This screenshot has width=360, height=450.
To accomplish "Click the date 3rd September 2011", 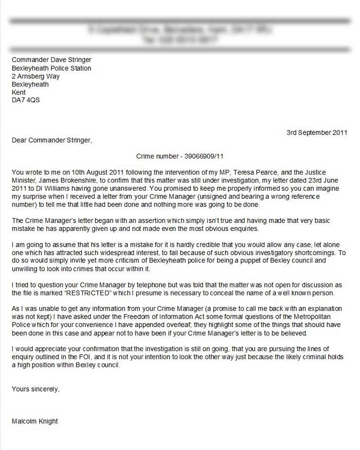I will (x=317, y=132).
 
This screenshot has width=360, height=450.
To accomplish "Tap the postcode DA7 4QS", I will (x=26, y=100).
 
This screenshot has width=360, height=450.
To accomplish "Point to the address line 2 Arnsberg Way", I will (x=36, y=76).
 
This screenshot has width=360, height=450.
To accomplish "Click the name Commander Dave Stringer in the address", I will (x=51, y=60).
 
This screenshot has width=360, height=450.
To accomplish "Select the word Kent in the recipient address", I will (x=18, y=92).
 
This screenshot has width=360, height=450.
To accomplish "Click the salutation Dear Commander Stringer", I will (x=52, y=140).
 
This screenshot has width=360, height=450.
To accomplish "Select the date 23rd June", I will (x=323, y=180).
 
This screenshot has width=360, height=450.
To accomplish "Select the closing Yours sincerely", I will (x=35, y=389).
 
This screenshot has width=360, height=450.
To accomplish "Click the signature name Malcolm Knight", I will (x=35, y=421).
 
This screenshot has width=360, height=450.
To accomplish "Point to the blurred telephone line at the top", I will (x=180, y=40).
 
